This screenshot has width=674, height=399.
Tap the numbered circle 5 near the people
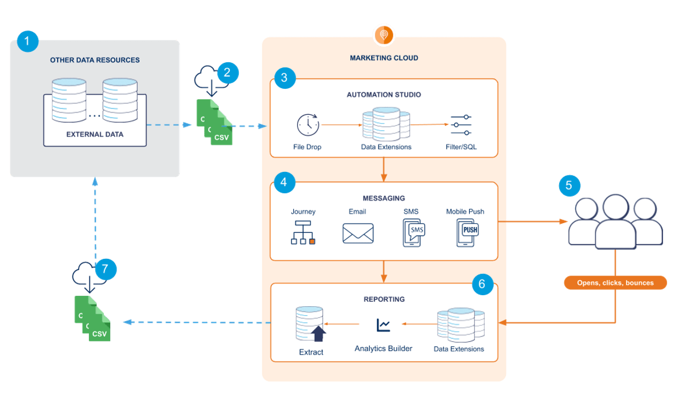pyautogui.click(x=569, y=186)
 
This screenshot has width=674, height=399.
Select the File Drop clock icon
pyautogui.click(x=308, y=125)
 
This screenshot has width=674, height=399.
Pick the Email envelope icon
pyautogui.click(x=358, y=234)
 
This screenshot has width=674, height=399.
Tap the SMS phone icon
pyautogui.click(x=413, y=233)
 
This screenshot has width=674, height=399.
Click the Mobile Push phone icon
pyautogui.click(x=467, y=233)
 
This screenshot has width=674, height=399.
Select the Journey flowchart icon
pyautogui.click(x=303, y=233)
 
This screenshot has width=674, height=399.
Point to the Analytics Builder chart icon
pyautogui.click(x=383, y=326)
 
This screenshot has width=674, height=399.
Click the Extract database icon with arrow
pyautogui.click(x=310, y=325)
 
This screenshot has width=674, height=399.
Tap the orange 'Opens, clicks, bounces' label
pyautogui.click(x=615, y=283)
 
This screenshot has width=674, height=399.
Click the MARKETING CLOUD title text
pyautogui.click(x=384, y=58)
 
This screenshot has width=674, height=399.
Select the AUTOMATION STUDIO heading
pyautogui.click(x=384, y=95)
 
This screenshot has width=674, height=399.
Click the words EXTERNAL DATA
pyautogui.click(x=95, y=134)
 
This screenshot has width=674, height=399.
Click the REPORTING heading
pyautogui.click(x=384, y=299)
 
